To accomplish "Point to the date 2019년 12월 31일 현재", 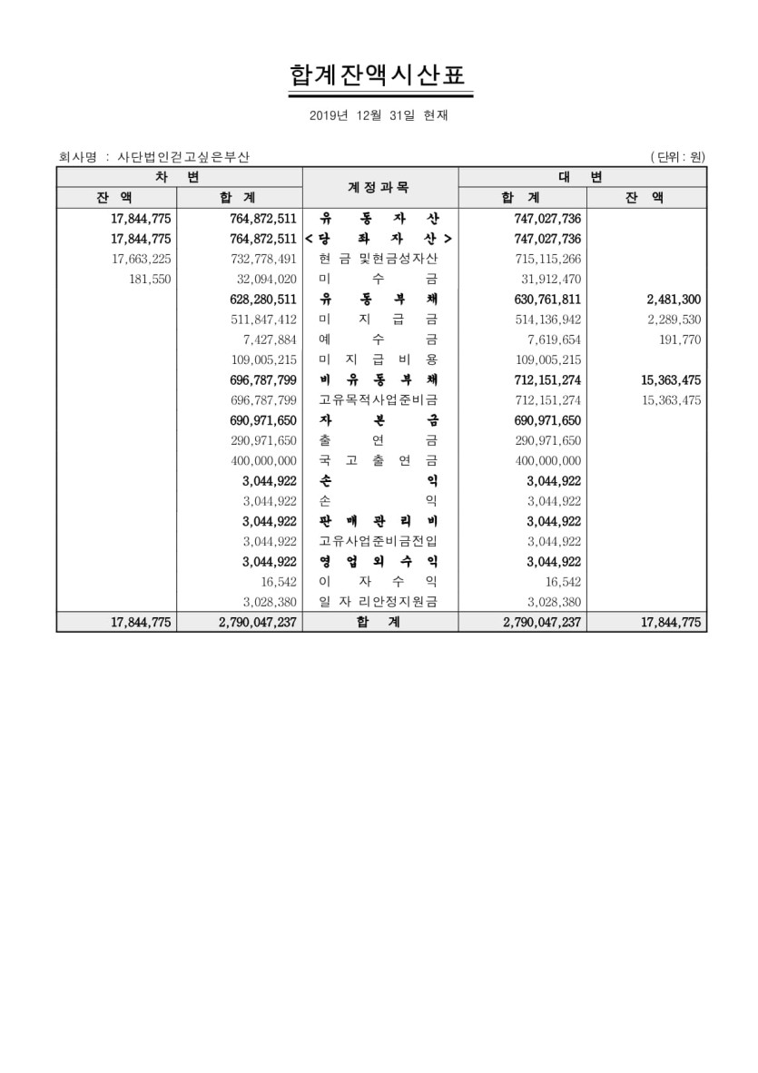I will (x=379, y=116).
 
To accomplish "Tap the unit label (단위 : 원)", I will (x=677, y=157).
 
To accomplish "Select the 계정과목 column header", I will (x=379, y=187).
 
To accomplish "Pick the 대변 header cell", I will (x=582, y=176).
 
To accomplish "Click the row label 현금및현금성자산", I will (x=379, y=259).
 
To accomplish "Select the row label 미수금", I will (x=379, y=279).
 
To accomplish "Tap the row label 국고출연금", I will (x=379, y=460).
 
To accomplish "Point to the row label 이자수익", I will (x=379, y=582).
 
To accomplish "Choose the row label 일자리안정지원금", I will (x=379, y=602).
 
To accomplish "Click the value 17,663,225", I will (x=141, y=259).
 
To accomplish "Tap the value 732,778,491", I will (x=264, y=259).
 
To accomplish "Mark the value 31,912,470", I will (x=547, y=279).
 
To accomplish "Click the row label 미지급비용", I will (x=379, y=359).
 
